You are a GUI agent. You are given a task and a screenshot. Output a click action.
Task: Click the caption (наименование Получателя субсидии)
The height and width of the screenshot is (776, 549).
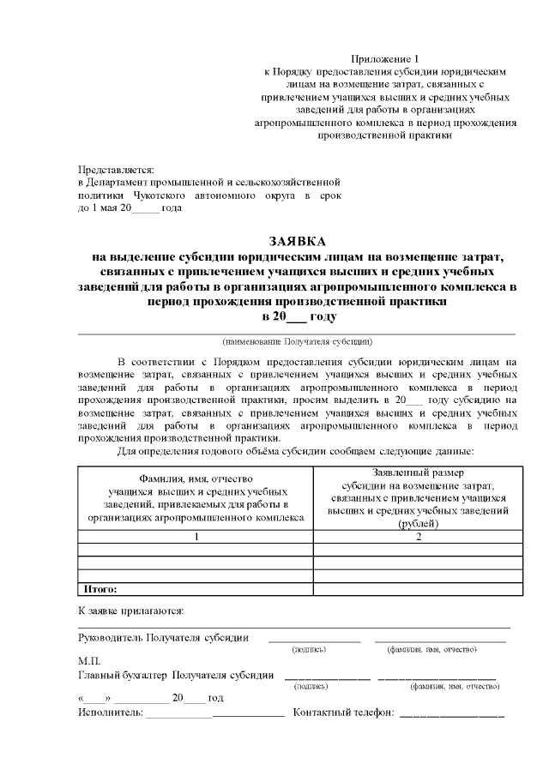coord(297,340)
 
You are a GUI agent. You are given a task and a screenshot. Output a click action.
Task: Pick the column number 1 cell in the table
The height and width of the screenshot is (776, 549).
coord(196,537)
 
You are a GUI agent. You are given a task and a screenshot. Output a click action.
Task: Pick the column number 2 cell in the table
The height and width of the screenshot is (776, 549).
coord(419,537)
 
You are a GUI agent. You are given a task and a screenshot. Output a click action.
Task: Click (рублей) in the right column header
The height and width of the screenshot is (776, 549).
coord(419,524)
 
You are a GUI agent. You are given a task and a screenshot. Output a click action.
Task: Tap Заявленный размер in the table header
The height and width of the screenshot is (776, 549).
coord(419,472)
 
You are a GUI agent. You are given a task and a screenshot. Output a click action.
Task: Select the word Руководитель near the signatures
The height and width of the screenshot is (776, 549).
coord(110,637)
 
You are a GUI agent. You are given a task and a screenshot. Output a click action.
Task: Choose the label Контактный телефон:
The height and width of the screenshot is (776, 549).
coord(344,713)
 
